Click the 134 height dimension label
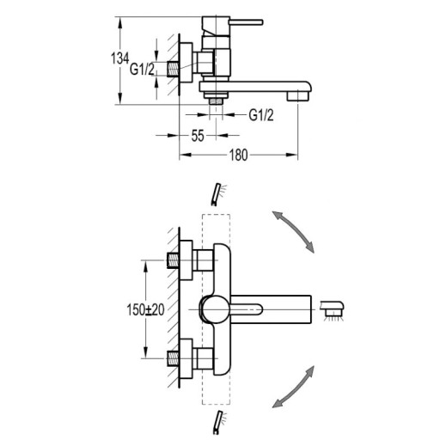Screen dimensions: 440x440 click(120, 58)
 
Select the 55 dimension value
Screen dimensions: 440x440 click(198, 136)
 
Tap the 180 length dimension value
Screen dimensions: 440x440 click(238, 155)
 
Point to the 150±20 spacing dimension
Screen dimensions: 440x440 click(145, 309)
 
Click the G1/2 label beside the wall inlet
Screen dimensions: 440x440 click(142, 69)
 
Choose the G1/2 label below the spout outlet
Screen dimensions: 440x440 click(261, 115)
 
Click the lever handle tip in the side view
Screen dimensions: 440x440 click(261, 22)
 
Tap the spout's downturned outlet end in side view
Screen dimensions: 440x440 click(298, 96)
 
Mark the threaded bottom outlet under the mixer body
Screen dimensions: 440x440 click(216, 101)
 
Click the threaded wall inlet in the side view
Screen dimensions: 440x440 click(173, 69)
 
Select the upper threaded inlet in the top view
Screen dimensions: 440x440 click(173, 260)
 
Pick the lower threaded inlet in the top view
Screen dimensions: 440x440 click(173, 358)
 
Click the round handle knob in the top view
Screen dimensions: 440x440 click(215, 309)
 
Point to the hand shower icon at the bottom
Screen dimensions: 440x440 click(219, 422)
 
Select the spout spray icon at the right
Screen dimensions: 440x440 click(332, 311)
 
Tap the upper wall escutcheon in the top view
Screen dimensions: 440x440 click(186, 260)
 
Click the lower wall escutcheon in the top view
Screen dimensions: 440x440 click(186, 358)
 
